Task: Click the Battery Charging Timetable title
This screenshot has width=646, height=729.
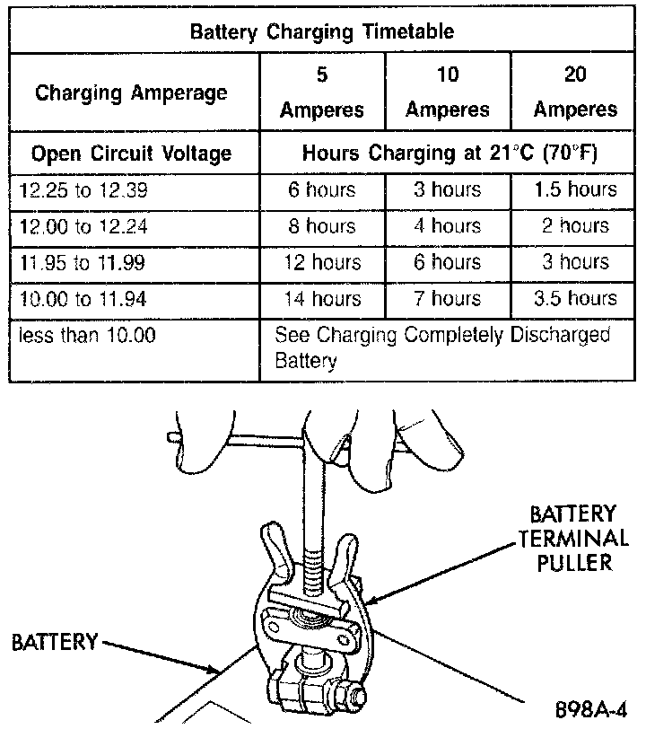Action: pyautogui.click(x=322, y=31)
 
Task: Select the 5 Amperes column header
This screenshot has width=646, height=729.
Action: pyautogui.click(x=322, y=92)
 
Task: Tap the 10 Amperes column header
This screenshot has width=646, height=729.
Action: pyautogui.click(x=448, y=92)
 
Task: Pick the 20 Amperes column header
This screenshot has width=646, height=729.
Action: pyautogui.click(x=575, y=92)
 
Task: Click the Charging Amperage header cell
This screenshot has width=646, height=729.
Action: pyautogui.click(x=131, y=92)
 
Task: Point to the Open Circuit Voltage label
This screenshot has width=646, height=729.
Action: pyautogui.click(x=131, y=154)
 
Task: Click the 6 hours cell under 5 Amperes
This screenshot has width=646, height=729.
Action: pyautogui.click(x=322, y=190)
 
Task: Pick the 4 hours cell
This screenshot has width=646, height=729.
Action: pyautogui.click(x=448, y=226)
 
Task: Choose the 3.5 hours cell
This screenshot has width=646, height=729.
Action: pyautogui.click(x=575, y=298)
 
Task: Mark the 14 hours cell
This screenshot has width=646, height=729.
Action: pyautogui.click(x=322, y=298)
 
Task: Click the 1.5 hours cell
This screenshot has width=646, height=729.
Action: pyautogui.click(x=575, y=190)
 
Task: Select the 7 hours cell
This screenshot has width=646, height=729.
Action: pyautogui.click(x=448, y=298)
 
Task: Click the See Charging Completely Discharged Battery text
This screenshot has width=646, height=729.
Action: pyautogui.click(x=441, y=347)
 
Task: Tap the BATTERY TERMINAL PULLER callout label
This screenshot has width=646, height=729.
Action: pyautogui.click(x=572, y=539)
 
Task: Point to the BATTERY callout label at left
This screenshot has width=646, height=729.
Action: pyautogui.click(x=54, y=643)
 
